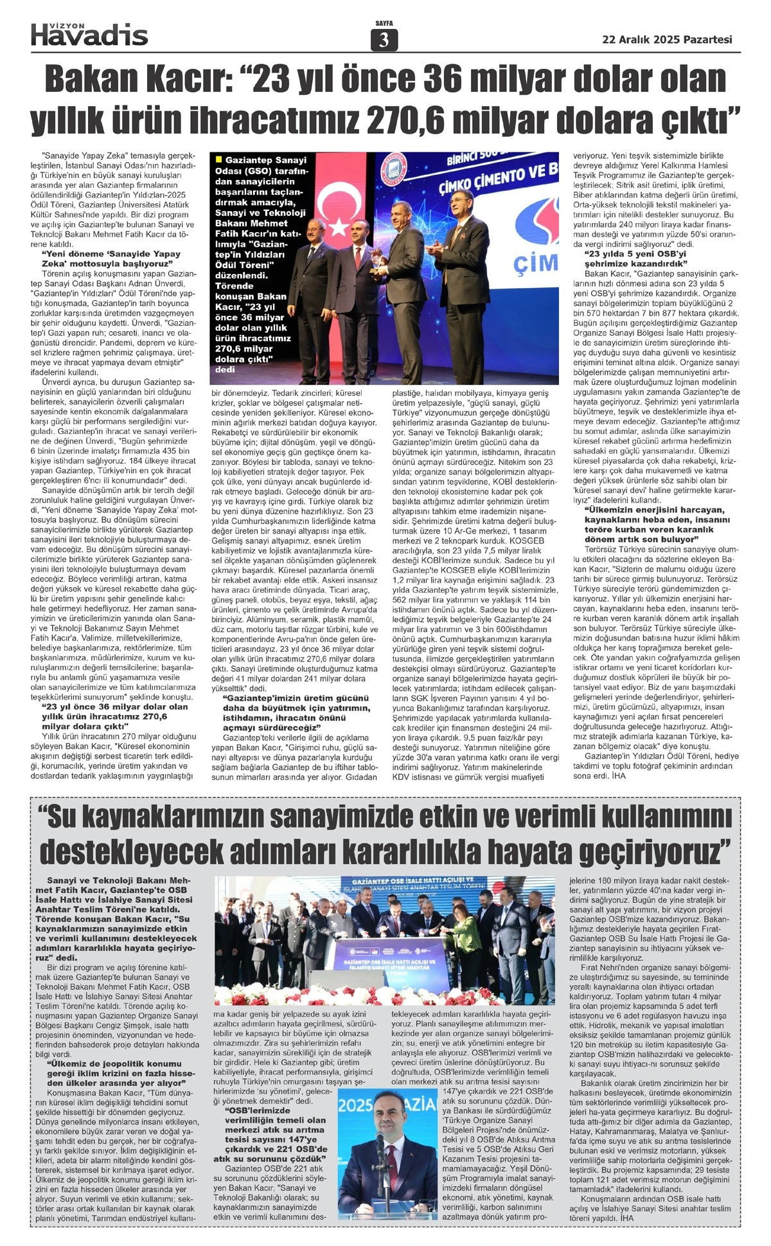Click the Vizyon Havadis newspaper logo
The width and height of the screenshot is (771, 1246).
click(x=89, y=35)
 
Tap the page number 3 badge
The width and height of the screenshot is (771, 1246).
click(x=384, y=41)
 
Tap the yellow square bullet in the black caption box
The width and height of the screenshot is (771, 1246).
click(x=220, y=159)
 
